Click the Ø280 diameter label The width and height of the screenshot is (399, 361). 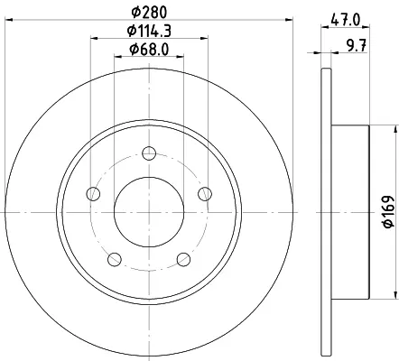click(x=149, y=12)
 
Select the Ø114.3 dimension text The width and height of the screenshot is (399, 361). click(x=149, y=31)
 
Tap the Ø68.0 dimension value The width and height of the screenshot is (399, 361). click(x=149, y=49)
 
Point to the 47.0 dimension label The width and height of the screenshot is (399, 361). click(x=345, y=21)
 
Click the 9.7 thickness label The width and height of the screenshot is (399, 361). click(x=357, y=46)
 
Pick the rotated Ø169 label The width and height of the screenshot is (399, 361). click(x=388, y=211)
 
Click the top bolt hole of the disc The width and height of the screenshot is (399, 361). click(x=149, y=153)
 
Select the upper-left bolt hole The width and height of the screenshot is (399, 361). click(x=93, y=193)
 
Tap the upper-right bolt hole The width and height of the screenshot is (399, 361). click(x=205, y=193)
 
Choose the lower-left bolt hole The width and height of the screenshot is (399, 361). click(x=115, y=259)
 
